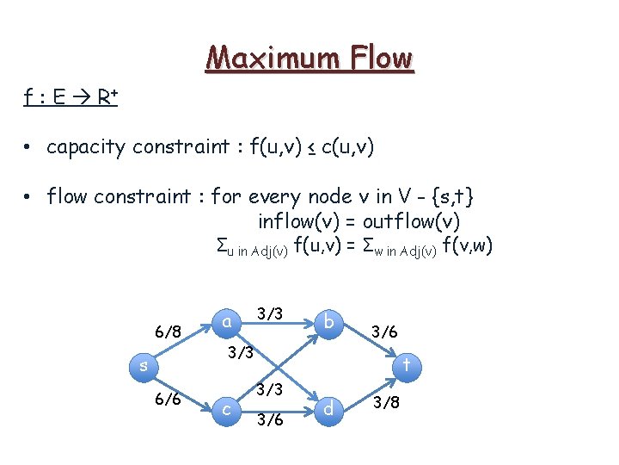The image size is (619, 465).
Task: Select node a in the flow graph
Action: tap(226, 321)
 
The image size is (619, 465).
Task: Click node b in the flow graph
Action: tap(328, 321)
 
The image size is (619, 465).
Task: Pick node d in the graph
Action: tap(328, 408)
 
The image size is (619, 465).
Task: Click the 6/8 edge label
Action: tap(167, 331)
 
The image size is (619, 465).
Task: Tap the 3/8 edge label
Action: tap(384, 402)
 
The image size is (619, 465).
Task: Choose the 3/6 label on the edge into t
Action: tap(384, 330)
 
